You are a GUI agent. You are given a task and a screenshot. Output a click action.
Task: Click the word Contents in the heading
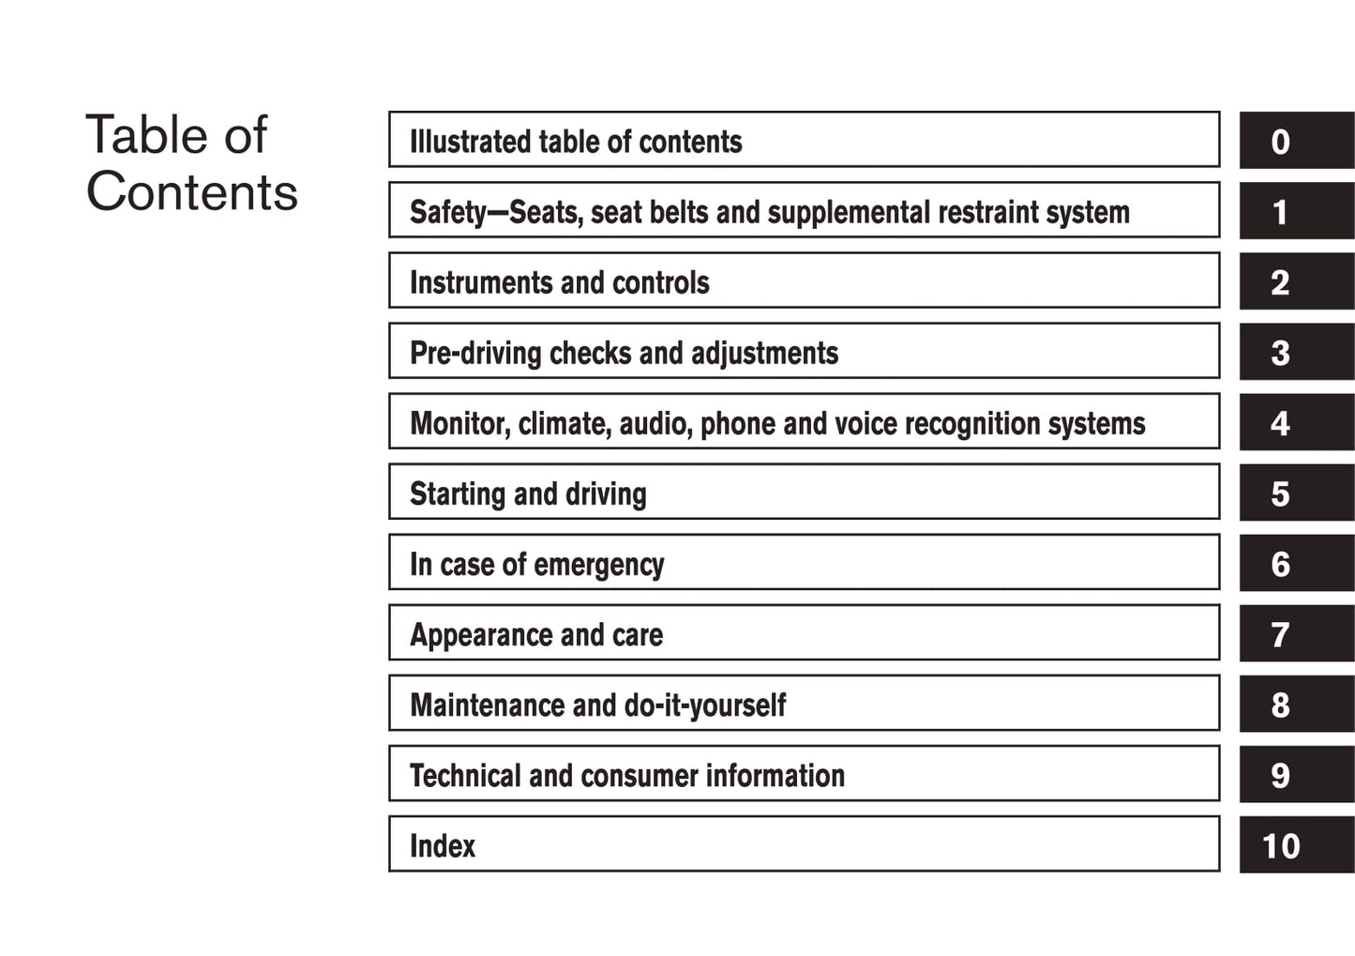[x=191, y=192]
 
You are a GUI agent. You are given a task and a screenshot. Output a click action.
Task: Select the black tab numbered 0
[x=1296, y=141]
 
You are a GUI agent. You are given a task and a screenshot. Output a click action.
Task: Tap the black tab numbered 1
[x=1296, y=212]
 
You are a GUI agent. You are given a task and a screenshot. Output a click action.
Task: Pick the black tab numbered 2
[x=1296, y=282]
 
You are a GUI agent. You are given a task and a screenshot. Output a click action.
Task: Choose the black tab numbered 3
[x=1296, y=353]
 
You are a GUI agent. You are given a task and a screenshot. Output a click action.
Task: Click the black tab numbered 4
[x=1296, y=423]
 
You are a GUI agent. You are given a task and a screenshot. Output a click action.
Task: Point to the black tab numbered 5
[x=1296, y=493]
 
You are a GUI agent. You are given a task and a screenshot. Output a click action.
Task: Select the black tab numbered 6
[x=1296, y=564]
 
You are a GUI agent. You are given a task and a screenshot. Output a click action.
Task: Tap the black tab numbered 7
[x=1296, y=634]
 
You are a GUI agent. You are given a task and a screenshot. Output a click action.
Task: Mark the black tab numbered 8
[x=1296, y=705]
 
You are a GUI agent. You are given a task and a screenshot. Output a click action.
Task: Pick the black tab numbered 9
[x=1296, y=775]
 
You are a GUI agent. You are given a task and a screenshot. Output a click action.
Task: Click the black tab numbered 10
[x=1296, y=845]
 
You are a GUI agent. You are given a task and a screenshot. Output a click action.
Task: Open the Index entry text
[x=443, y=846]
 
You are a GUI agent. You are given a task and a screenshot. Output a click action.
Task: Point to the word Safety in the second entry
[x=448, y=213]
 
